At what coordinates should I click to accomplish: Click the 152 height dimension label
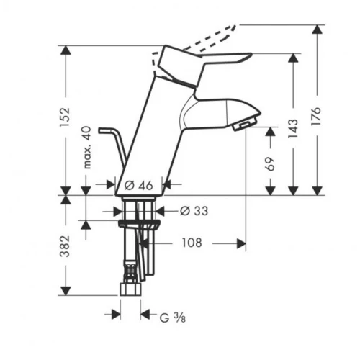pyautogui.click(x=65, y=114)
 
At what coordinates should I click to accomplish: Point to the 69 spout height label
pyautogui.click(x=270, y=163)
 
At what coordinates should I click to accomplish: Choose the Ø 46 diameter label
pyautogui.click(x=140, y=185)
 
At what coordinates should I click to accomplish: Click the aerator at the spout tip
pyautogui.click(x=244, y=127)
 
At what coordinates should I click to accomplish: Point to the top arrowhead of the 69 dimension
pyautogui.click(x=270, y=132)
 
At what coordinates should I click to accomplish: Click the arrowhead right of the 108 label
pyautogui.click(x=241, y=243)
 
